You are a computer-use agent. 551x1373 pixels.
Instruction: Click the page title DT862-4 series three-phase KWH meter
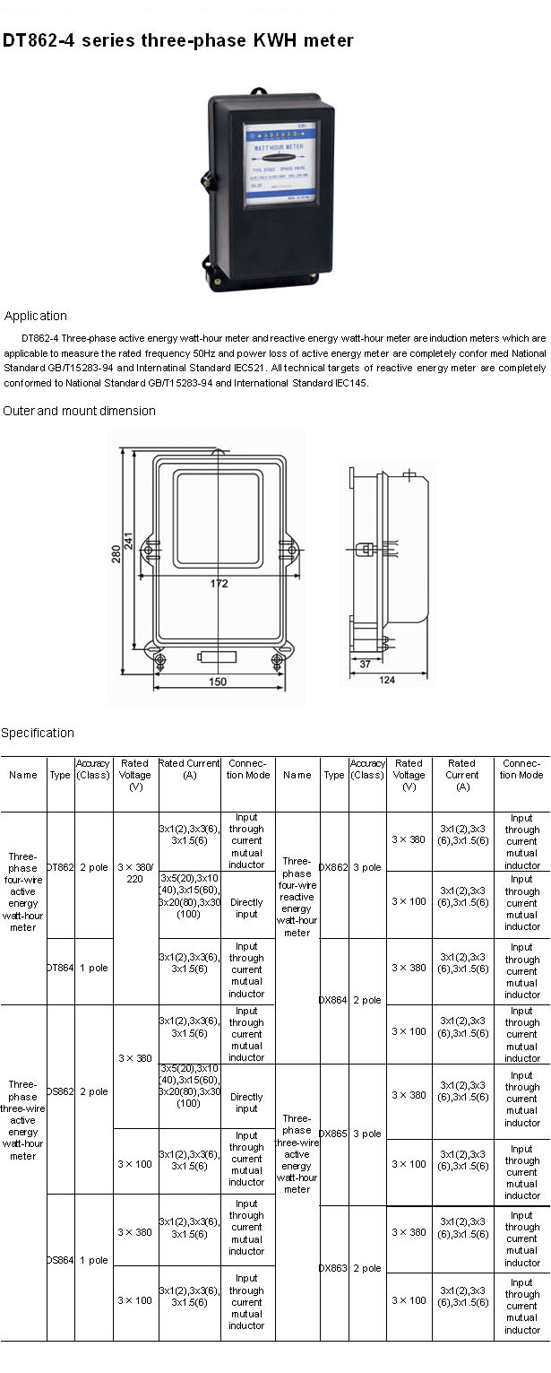tap(177, 41)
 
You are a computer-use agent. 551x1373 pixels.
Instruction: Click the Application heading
tap(36, 316)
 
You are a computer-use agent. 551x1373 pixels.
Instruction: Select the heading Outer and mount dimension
tap(79, 411)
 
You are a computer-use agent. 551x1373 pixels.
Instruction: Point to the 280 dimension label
tap(116, 556)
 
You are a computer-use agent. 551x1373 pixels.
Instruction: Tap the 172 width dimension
tap(220, 584)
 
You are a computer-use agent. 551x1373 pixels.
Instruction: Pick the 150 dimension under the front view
tap(218, 682)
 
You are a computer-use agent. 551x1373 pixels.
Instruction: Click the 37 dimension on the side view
tap(365, 665)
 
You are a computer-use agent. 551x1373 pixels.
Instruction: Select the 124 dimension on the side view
tap(387, 681)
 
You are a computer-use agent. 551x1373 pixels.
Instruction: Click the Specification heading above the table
tap(38, 733)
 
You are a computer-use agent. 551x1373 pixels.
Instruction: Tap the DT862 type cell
tap(60, 868)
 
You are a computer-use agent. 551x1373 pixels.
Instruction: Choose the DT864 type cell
tap(60, 969)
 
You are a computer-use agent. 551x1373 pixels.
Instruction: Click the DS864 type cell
tap(60, 1260)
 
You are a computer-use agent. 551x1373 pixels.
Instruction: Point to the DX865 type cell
tap(333, 1134)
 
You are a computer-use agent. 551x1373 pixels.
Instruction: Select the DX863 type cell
tap(333, 1268)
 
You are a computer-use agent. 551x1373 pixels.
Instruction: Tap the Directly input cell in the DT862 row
tap(246, 908)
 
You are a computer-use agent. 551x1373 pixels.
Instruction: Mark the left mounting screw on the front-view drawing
tap(160, 661)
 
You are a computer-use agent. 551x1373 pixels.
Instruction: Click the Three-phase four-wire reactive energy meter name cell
tap(297, 897)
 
